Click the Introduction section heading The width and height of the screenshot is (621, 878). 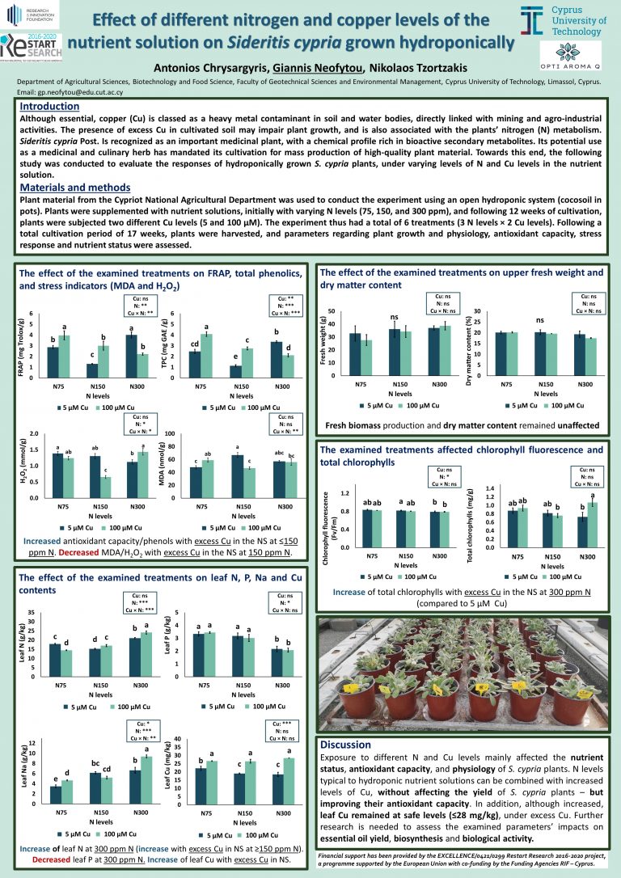click(x=49, y=107)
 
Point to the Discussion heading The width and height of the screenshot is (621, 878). click(x=345, y=745)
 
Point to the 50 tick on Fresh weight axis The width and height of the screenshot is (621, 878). click(x=332, y=311)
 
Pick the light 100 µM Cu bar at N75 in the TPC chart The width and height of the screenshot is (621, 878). click(x=206, y=356)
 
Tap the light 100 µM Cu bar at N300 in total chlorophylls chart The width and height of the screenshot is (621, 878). click(x=593, y=525)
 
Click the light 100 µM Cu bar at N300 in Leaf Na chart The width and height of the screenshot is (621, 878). click(x=146, y=780)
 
